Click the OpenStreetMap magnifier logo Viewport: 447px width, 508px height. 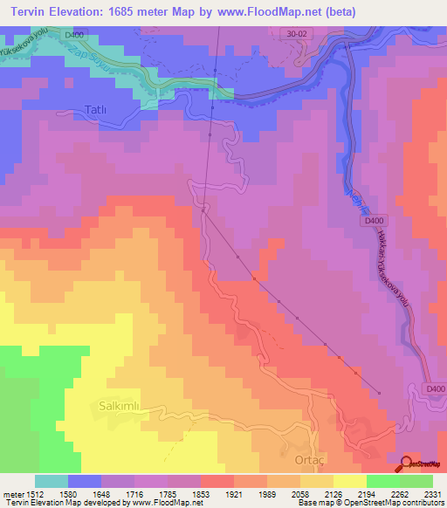coord(406,463)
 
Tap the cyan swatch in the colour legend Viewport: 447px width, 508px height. coord(52,481)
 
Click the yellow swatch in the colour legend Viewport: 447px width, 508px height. coord(350,481)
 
